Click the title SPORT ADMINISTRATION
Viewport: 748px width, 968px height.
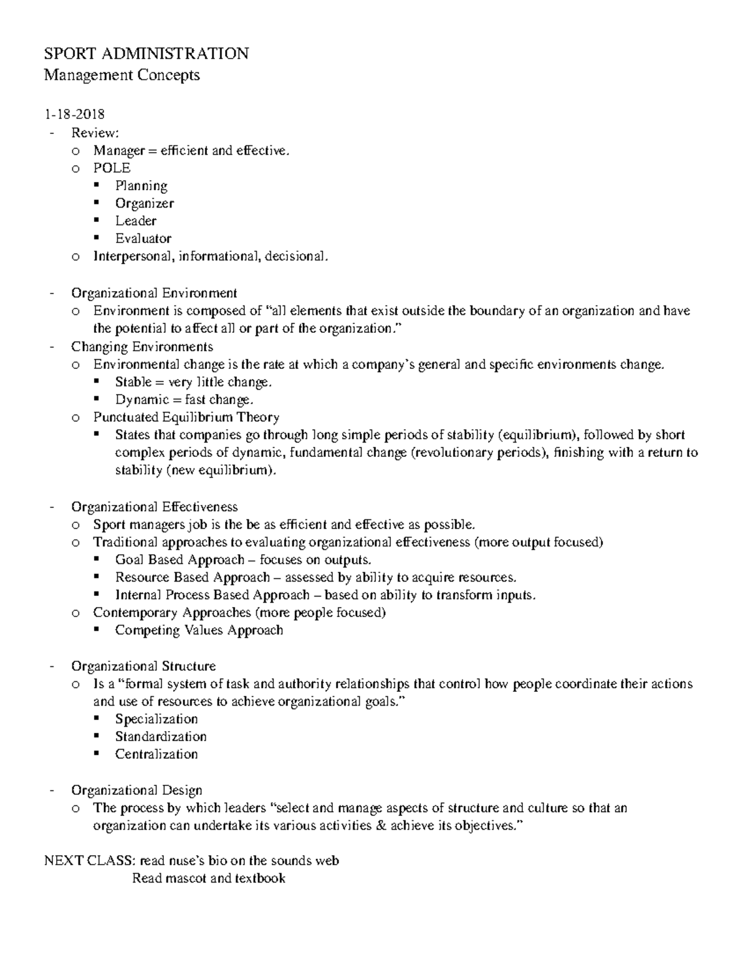[x=146, y=54]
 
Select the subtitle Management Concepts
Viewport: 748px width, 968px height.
[x=122, y=75]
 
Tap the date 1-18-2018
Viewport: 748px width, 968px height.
[x=74, y=115]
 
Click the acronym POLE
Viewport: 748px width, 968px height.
[x=112, y=168]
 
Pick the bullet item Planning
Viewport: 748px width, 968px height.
[x=141, y=186]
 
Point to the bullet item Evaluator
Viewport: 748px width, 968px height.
[x=143, y=238]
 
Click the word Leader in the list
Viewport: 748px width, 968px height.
[x=135, y=221]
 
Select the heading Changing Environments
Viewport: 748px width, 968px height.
[x=141, y=347]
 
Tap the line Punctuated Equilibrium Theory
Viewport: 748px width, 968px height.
[x=186, y=417]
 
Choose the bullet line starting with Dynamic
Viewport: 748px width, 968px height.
[x=184, y=400]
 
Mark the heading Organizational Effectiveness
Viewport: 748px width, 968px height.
[x=154, y=507]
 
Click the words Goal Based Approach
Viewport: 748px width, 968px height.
[x=180, y=560]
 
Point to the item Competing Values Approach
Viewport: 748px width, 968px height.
[x=199, y=630]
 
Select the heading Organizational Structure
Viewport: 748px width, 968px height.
[x=143, y=666]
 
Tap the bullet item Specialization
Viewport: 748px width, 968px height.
[x=156, y=719]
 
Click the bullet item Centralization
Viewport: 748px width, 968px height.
[x=156, y=754]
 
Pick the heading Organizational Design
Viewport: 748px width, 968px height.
[x=137, y=790]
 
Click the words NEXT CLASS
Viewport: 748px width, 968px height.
[x=89, y=861]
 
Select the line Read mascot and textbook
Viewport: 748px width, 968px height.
[x=208, y=878]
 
